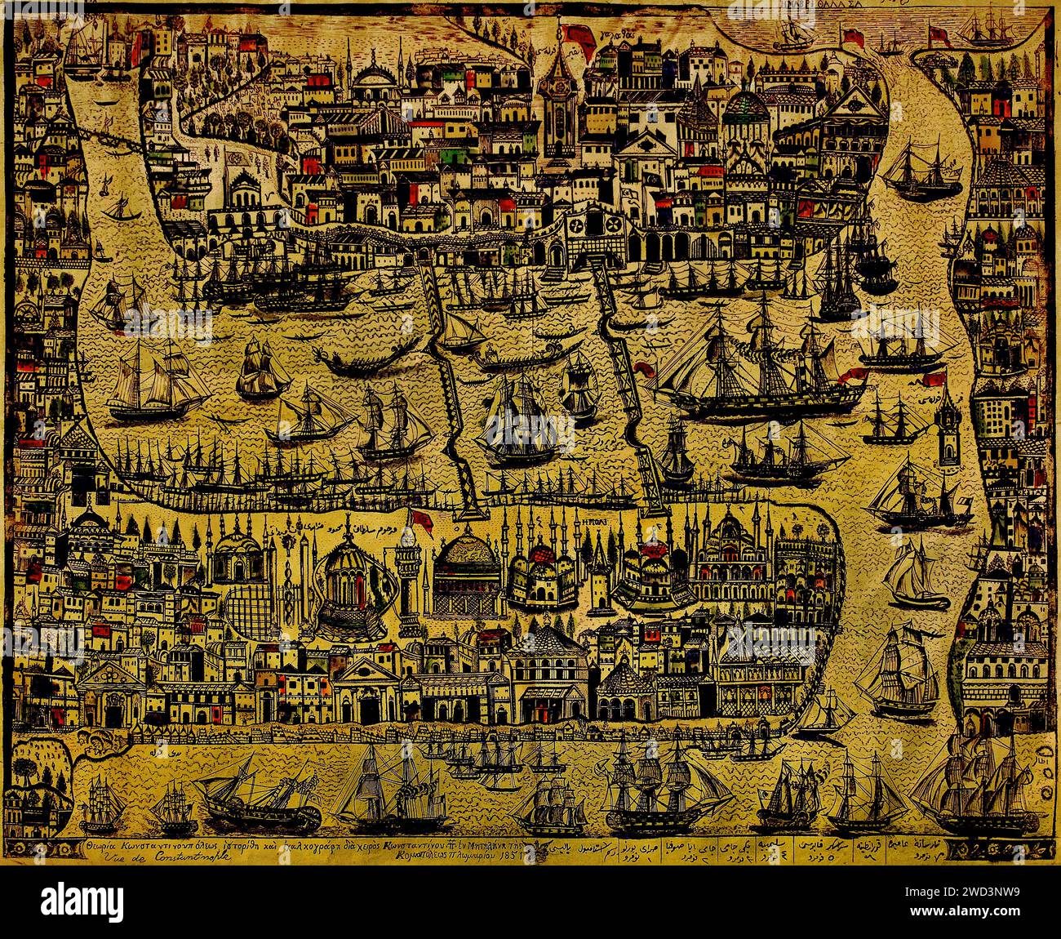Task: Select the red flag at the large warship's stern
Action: coord(855,376)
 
